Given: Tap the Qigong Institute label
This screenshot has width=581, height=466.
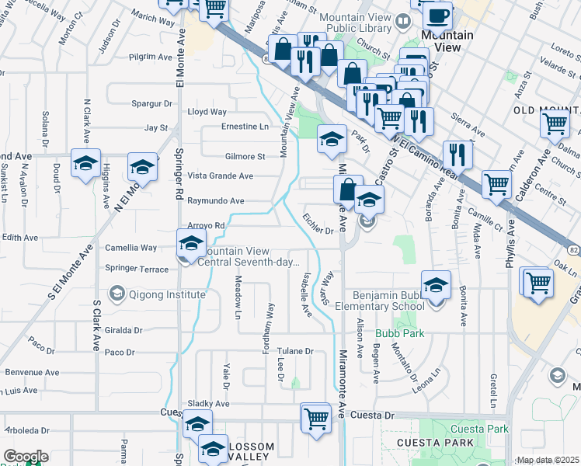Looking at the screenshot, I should (168, 294).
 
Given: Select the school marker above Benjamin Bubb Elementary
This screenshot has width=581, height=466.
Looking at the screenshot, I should (437, 284).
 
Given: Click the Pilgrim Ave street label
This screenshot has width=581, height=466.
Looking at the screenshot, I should (151, 57).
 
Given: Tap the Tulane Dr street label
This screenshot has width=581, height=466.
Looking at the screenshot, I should (296, 351).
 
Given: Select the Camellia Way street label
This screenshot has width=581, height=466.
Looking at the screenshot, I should (133, 248).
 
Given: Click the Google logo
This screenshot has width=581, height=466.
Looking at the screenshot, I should (26, 457).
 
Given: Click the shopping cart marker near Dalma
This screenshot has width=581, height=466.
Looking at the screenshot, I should (555, 123).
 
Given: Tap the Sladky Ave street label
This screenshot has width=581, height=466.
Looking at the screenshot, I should (209, 404).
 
